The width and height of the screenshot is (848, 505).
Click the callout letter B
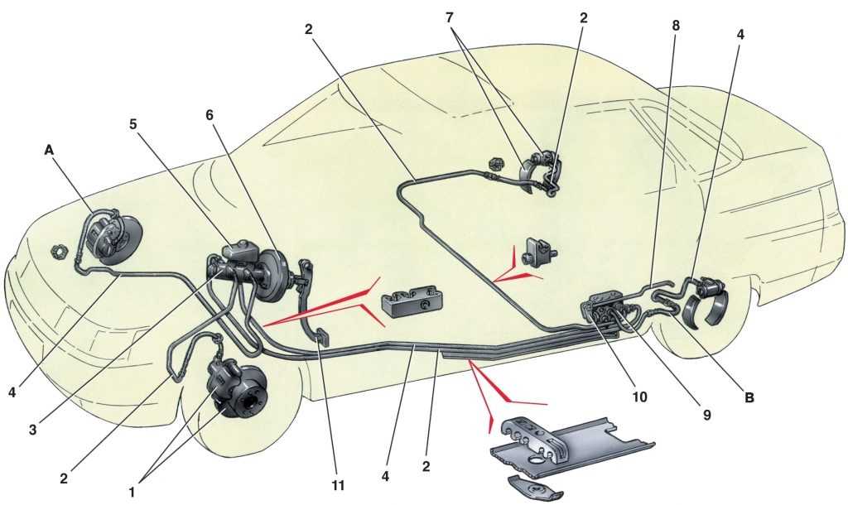coord(750,397)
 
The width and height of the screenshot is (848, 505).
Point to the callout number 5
coord(132,124)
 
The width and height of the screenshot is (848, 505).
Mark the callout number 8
coord(676,26)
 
